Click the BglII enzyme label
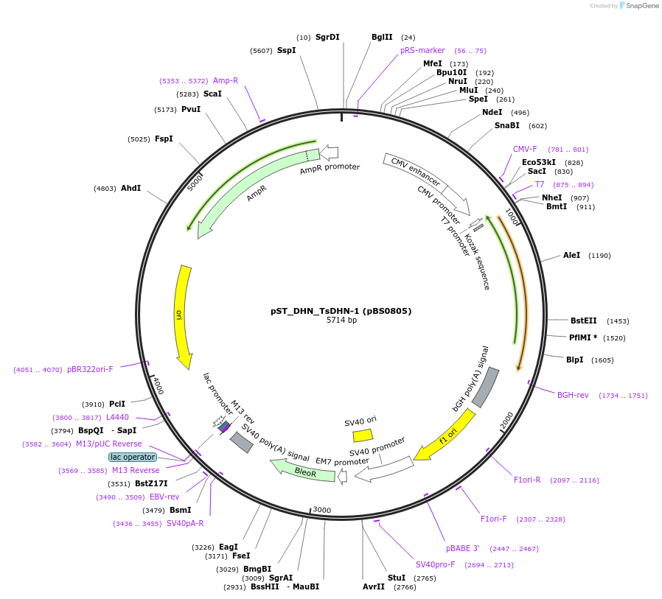[x=382, y=37]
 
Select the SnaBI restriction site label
[x=507, y=125]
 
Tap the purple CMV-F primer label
[x=525, y=149]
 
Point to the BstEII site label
[x=584, y=320]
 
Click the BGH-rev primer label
[x=573, y=395]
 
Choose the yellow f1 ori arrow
[x=445, y=435]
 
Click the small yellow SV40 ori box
[x=363, y=435]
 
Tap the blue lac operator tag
[x=133, y=457]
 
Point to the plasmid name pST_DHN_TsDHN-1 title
[x=341, y=311]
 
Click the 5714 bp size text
[x=341, y=320]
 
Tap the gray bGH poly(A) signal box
[x=485, y=388]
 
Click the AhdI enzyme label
[x=130, y=188]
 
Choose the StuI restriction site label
[x=397, y=578]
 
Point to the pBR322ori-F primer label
[x=90, y=369]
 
